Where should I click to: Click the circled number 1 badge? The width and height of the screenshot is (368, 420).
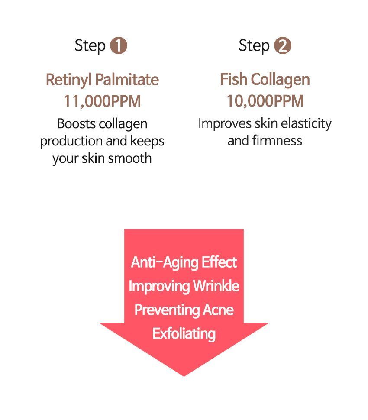point(118,45)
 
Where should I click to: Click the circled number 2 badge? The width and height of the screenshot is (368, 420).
point(282,45)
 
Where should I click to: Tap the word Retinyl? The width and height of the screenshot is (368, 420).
point(69,80)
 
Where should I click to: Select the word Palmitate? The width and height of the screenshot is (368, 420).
point(127,80)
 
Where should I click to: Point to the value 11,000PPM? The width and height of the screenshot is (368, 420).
point(102,101)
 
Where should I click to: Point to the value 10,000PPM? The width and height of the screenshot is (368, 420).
point(265,101)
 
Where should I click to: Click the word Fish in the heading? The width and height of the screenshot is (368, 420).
point(233,79)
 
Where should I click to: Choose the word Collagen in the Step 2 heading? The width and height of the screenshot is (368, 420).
point(281,80)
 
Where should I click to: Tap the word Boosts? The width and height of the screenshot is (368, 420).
point(76,124)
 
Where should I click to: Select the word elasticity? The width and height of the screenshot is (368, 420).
point(306,124)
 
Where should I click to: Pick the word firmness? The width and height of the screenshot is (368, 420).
point(277,141)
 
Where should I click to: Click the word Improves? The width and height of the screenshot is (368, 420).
point(225,124)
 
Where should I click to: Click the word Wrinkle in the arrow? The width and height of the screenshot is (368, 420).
point(216,286)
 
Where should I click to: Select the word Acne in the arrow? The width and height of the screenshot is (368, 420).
point(218,310)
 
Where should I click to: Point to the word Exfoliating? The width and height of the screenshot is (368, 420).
point(184,334)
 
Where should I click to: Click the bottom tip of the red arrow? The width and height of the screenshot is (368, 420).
point(184,376)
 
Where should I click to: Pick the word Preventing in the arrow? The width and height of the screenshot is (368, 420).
point(167,310)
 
